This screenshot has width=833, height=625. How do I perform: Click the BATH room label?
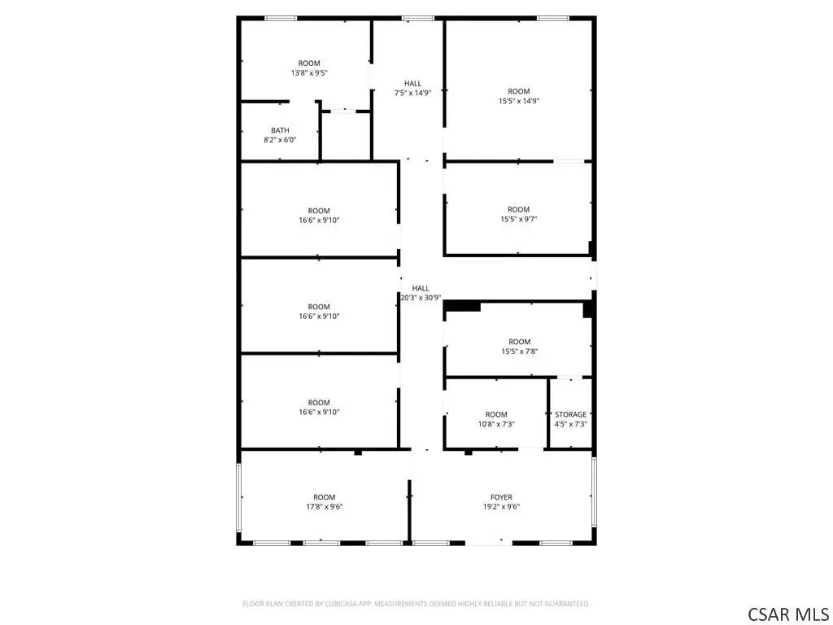(280, 130)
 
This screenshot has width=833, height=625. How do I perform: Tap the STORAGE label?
(570, 414)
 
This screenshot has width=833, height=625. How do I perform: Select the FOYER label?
(501, 497)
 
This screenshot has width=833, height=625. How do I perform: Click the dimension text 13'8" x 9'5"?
(309, 72)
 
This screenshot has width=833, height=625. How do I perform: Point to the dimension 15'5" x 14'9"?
(518, 101)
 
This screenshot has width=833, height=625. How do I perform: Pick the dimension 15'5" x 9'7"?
(518, 219)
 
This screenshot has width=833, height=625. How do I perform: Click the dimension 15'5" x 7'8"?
(520, 352)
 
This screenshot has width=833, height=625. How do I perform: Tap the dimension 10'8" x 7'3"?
(496, 424)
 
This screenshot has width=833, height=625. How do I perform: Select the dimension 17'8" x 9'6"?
(324, 507)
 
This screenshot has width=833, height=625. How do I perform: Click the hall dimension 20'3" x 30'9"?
(421, 298)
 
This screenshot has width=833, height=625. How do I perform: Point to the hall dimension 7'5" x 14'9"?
(412, 93)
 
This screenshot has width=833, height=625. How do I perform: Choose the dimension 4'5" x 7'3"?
(570, 424)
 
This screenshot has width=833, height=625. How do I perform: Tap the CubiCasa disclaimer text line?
(416, 604)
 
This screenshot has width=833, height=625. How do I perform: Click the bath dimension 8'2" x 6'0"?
(280, 140)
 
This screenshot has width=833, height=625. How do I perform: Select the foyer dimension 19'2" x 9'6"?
(501, 507)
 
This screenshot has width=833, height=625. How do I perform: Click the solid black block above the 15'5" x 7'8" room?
(462, 306)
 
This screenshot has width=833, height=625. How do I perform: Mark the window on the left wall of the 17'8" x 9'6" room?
(239, 497)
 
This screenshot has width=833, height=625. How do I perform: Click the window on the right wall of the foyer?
(594, 492)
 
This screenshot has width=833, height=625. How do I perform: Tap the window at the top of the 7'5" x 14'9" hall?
(417, 19)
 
